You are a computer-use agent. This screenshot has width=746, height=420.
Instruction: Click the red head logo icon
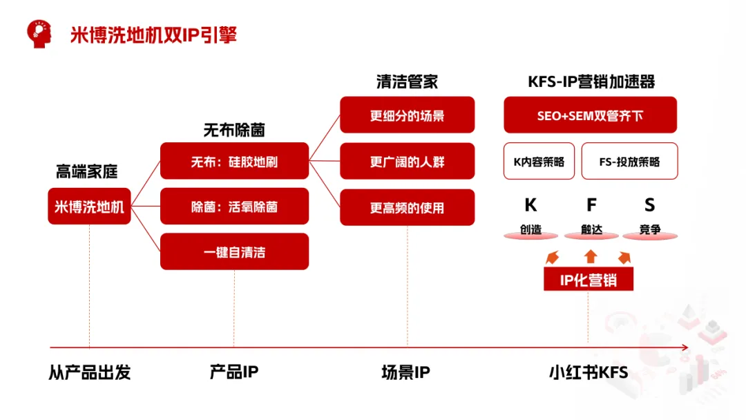pos(39,32)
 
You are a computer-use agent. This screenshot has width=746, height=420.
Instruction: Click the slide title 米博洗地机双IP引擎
pos(153,34)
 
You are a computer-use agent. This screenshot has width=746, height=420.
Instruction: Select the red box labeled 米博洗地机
pos(89,206)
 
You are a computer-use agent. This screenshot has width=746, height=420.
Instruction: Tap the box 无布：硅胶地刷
pos(234,162)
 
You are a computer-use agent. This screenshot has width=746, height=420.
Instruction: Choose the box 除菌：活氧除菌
pos(234,207)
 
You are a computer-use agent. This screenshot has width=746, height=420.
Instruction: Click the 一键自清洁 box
pos(234,251)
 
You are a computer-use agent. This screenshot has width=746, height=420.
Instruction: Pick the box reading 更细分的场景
pos(407,115)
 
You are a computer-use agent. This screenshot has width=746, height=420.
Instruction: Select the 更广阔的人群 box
pos(407,162)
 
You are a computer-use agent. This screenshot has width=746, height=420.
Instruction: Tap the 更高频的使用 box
pos(407,207)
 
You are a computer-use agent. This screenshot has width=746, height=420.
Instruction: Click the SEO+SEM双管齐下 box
pos(589,115)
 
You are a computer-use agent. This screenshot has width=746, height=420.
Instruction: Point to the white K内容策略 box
pos(539,162)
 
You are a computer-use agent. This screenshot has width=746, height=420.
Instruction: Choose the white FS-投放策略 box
pos(629,162)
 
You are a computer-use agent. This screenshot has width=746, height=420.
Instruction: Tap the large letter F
pos(591,205)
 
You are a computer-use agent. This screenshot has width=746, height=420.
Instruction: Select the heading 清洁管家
pos(407,82)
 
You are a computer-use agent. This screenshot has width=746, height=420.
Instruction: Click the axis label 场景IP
pos(405,373)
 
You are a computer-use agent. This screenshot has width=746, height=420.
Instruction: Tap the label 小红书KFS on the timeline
pos(589,373)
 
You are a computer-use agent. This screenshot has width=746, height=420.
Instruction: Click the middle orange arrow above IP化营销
pos(590,256)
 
